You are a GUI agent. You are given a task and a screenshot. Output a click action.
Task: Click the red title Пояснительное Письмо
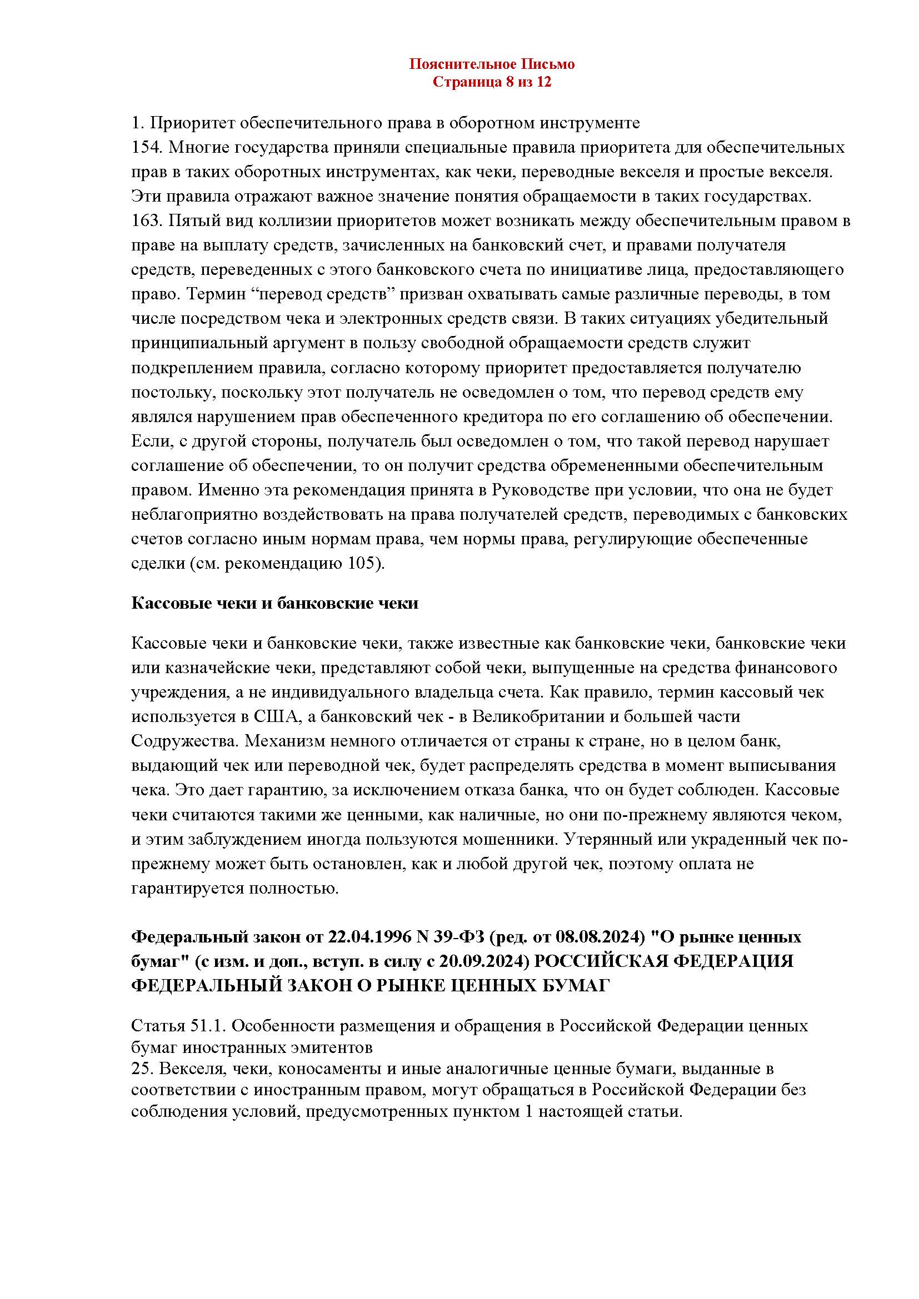pos(492,64)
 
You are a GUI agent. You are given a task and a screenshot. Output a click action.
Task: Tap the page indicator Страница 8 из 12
pos(492,83)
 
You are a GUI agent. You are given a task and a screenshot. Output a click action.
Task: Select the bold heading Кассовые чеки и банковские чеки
pos(274,603)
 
